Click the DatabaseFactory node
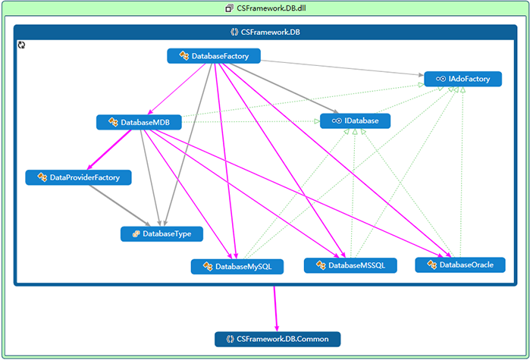click(213, 56)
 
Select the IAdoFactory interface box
click(463, 79)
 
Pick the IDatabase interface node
click(355, 121)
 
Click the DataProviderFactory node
click(78, 177)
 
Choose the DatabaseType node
click(162, 234)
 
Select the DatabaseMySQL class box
click(237, 267)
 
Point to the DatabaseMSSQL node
click(350, 265)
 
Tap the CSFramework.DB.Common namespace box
click(278, 339)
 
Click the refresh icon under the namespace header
click(22, 46)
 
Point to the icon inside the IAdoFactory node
click(440, 79)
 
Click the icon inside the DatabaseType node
click(136, 234)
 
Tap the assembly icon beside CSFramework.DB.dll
click(229, 8)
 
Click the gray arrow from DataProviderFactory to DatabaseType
click(121, 205)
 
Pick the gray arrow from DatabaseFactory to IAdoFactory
click(341, 67)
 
